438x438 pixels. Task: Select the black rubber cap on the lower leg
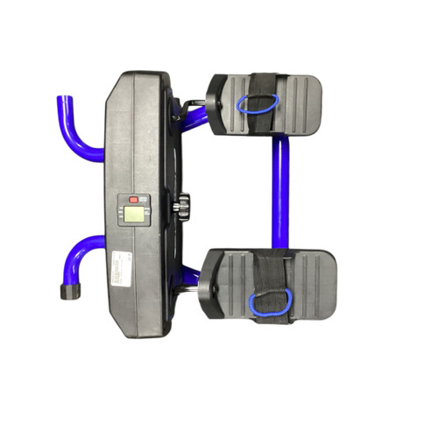(x=67, y=291)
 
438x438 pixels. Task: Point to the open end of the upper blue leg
(x=62, y=100)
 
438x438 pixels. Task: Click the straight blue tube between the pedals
(x=279, y=193)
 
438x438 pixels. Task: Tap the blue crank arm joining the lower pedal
(x=191, y=278)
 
